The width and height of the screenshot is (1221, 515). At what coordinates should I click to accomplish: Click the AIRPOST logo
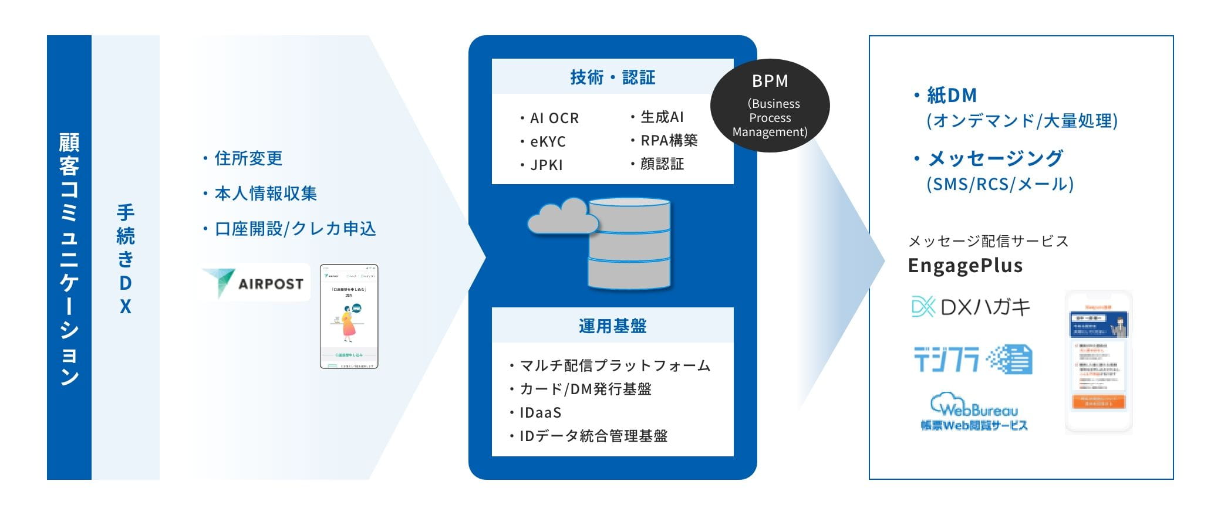tap(255, 283)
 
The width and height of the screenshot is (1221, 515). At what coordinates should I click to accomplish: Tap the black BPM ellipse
tap(770, 106)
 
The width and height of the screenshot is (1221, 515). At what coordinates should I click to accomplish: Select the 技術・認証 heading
tap(612, 77)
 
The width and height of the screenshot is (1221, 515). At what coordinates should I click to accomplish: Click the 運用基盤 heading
tap(612, 326)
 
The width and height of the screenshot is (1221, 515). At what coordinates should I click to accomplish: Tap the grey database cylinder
tap(629, 244)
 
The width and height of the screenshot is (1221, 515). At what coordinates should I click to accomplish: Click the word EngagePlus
tap(965, 266)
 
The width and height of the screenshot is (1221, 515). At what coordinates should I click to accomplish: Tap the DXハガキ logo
tap(970, 307)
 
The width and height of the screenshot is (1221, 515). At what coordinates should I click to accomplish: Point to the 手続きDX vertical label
tap(125, 258)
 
